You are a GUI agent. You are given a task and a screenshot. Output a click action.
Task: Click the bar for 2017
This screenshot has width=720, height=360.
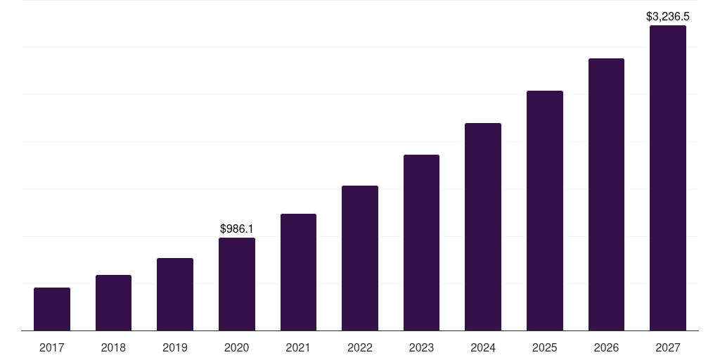click(x=52, y=309)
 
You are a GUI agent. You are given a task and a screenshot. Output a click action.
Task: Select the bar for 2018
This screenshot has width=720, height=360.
click(x=113, y=302)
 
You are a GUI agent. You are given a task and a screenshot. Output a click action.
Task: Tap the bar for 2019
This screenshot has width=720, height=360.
click(x=175, y=294)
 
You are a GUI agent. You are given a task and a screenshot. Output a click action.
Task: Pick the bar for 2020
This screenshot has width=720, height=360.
click(x=237, y=284)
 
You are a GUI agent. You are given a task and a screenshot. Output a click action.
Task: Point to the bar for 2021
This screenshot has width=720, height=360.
click(x=298, y=272)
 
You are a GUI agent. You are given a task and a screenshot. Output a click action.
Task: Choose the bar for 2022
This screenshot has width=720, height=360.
click(x=360, y=258)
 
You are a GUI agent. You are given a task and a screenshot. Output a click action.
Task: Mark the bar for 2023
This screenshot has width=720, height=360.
click(x=421, y=243)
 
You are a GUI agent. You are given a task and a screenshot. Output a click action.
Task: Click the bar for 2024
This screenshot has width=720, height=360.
click(x=483, y=226)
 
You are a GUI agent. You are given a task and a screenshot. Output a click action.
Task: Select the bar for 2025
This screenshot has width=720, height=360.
click(x=545, y=210)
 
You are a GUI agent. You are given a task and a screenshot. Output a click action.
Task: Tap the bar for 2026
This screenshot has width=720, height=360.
click(x=606, y=194)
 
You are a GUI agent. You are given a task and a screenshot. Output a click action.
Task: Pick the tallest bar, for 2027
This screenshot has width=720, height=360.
click(x=668, y=178)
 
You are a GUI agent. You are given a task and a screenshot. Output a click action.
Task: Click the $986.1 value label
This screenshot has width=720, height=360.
click(x=237, y=229)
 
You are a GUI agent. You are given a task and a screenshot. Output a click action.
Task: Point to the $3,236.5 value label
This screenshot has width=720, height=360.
click(x=667, y=16)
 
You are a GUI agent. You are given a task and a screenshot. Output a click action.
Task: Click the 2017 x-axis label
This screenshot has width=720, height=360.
click(x=52, y=347)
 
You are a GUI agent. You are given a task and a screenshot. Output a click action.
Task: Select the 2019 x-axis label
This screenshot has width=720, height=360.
click(x=175, y=347)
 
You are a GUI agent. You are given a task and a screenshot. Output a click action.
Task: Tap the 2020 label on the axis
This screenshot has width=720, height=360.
click(x=237, y=347)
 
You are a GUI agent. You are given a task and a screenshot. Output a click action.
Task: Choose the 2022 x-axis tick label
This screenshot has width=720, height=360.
click(x=360, y=347)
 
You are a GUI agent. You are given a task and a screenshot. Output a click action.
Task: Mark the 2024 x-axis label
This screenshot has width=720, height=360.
click(x=483, y=347)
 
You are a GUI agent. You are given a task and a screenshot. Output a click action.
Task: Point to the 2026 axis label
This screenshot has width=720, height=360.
click(x=606, y=347)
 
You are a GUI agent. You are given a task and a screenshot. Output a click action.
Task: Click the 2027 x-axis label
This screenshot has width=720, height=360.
click(x=668, y=347)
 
